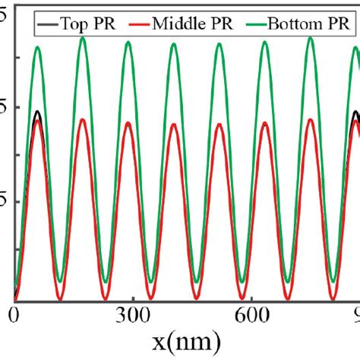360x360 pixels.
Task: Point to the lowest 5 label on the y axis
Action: (x=5, y=201)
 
